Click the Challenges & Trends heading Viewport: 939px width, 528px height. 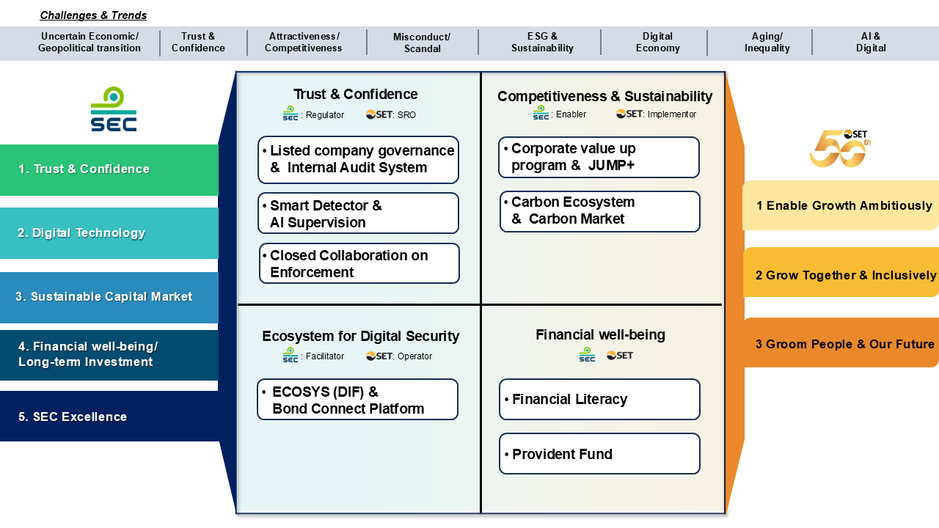[x=93, y=15]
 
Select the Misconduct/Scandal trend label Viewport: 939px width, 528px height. [x=422, y=43]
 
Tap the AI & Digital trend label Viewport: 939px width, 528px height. [x=871, y=43]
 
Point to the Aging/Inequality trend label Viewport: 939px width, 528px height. [x=767, y=43]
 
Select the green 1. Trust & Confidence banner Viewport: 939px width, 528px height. [x=109, y=169]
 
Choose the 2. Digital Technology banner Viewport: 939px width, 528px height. [x=109, y=233]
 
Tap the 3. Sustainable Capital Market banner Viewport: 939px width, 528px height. [x=109, y=297]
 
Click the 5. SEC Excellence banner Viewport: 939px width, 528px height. [x=109, y=417]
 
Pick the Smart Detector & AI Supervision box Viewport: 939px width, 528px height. [x=358, y=213]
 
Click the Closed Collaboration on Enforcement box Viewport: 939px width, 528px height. [x=359, y=263]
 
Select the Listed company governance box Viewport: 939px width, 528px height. [x=358, y=159]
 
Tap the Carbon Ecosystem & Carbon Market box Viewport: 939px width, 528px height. [x=599, y=210]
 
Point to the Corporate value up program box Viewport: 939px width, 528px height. [x=599, y=157]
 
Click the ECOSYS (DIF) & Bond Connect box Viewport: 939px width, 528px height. [x=357, y=400]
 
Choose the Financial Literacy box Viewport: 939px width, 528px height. [x=599, y=400]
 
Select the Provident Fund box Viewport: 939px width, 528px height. [x=599, y=454]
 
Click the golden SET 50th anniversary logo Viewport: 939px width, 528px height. [x=840, y=148]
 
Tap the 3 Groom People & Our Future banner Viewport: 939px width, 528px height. [x=841, y=343]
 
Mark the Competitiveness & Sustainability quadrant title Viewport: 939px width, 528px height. [x=604, y=96]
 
